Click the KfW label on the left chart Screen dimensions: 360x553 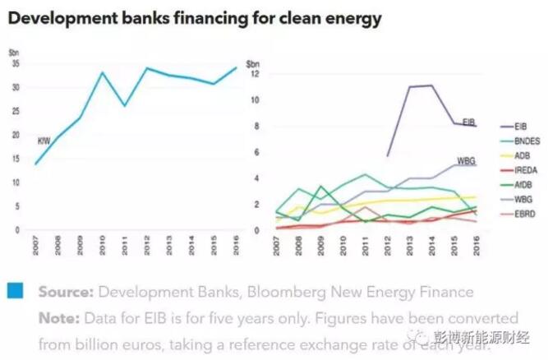44,141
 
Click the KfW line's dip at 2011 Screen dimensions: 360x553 125,105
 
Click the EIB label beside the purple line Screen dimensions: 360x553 468,122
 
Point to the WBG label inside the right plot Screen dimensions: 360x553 466,159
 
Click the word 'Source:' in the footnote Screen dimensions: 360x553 65,292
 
